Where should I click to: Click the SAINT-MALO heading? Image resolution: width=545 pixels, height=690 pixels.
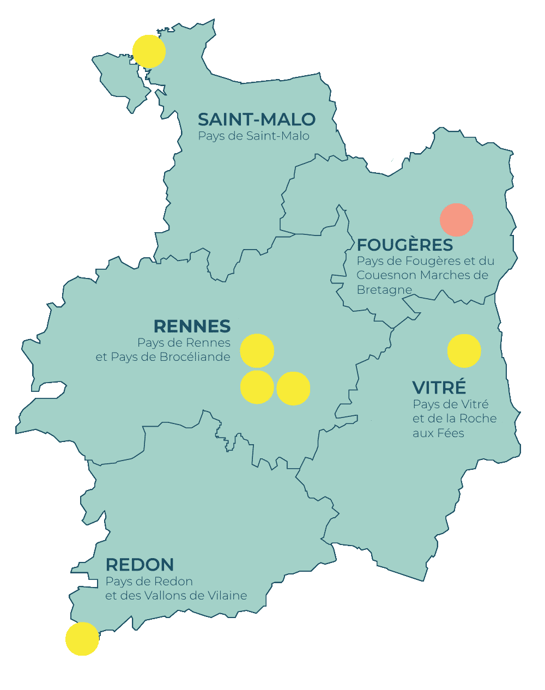point(256,119)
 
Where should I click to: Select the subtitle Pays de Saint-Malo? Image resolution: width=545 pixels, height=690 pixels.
point(253,136)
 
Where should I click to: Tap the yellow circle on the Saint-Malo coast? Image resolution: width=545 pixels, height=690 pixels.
point(149,51)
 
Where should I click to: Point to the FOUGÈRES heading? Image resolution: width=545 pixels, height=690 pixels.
point(405,245)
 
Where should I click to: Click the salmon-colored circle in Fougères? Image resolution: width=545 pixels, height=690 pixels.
point(456,220)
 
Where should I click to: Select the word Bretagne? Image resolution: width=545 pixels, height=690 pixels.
point(384,290)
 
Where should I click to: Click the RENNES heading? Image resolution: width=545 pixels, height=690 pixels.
point(192,326)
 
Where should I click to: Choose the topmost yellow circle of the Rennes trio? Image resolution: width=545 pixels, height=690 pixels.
point(257,351)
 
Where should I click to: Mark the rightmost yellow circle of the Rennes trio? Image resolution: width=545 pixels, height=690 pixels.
point(293,388)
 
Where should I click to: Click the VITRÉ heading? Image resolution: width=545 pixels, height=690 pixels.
point(439,388)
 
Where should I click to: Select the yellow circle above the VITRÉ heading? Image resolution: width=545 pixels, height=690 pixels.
point(464,351)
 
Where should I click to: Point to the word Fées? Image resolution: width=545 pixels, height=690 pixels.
point(450,433)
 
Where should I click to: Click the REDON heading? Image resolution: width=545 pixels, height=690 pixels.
point(140,564)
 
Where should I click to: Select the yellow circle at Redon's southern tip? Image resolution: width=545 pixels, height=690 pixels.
point(82,639)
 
